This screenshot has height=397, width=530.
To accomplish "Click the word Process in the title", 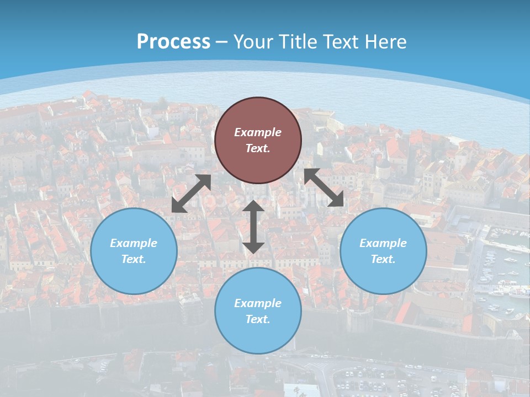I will [x=173, y=42].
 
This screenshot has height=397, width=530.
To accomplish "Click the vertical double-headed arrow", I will [x=253, y=227].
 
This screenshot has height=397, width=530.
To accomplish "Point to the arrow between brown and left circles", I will [x=191, y=194].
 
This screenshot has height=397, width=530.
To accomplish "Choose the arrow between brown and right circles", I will [x=324, y=187].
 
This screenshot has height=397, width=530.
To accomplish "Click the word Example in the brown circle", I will [x=258, y=132].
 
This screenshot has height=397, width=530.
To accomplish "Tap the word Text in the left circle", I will [x=134, y=259].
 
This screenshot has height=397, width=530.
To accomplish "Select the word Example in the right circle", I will [x=383, y=243].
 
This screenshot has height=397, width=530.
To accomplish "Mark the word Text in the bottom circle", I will [x=258, y=319].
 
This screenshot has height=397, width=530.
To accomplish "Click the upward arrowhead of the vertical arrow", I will [x=253, y=206].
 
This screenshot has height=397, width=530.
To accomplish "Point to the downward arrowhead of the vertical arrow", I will [x=253, y=248].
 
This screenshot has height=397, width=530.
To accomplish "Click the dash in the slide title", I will [x=222, y=42].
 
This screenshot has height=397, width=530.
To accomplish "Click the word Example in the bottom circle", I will [x=258, y=303].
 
